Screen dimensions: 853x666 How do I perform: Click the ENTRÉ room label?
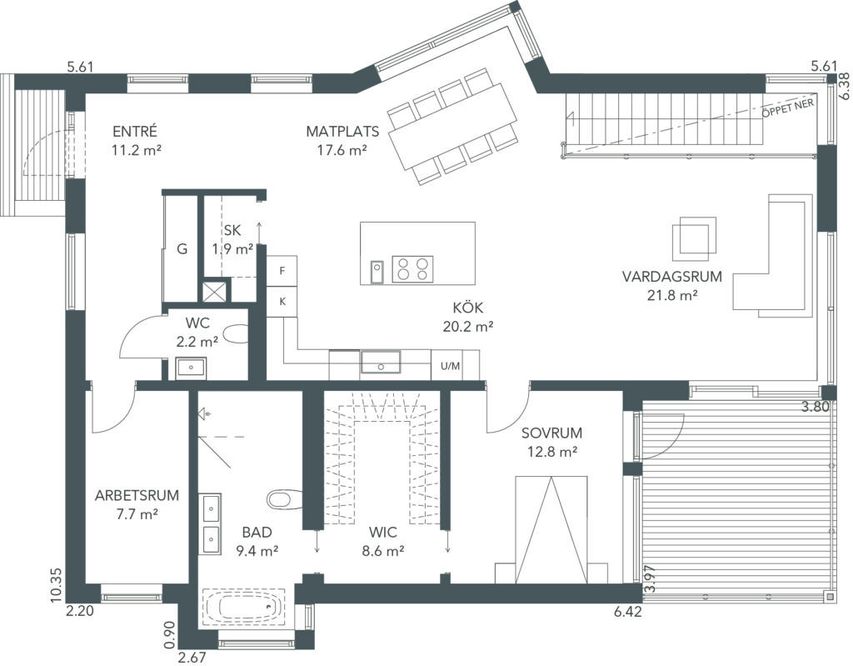[135, 132]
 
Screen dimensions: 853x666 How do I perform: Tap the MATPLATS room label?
[342, 132]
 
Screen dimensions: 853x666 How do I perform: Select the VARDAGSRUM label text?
[672, 277]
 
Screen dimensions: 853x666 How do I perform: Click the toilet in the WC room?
[236, 334]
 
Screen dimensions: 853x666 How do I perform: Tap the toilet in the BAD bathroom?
[284, 498]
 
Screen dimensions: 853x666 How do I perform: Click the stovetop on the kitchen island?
[412, 269]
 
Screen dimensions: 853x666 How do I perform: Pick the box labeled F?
[282, 271]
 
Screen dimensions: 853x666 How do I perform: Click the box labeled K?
[282, 301]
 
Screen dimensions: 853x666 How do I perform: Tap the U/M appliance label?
[450, 366]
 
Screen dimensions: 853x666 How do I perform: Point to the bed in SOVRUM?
[551, 530]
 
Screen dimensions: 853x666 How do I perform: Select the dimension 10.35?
[57, 586]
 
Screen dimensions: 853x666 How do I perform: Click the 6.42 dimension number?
[628, 612]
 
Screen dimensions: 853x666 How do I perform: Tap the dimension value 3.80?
[815, 406]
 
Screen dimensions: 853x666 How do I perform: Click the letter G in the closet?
[182, 249]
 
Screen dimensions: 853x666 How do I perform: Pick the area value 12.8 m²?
[552, 452]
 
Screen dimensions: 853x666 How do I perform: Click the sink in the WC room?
[191, 368]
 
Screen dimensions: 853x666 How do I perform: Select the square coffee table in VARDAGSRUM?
[694, 238]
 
